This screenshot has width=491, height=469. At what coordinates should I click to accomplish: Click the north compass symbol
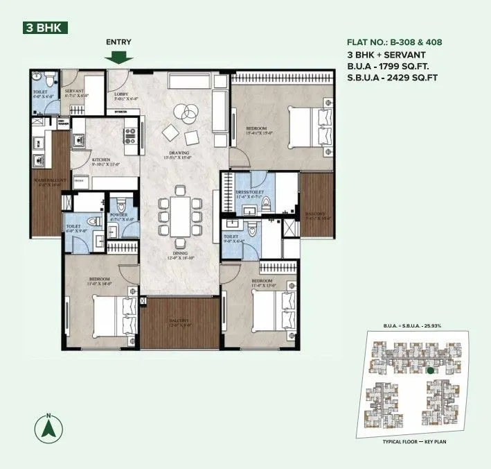point(48,426)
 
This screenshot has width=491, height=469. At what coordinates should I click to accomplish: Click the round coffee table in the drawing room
point(185,111)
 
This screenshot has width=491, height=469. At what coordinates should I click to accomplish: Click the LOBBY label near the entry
point(122,94)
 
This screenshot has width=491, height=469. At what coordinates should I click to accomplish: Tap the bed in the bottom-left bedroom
point(111,316)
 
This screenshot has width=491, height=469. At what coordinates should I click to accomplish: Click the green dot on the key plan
point(430,371)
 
